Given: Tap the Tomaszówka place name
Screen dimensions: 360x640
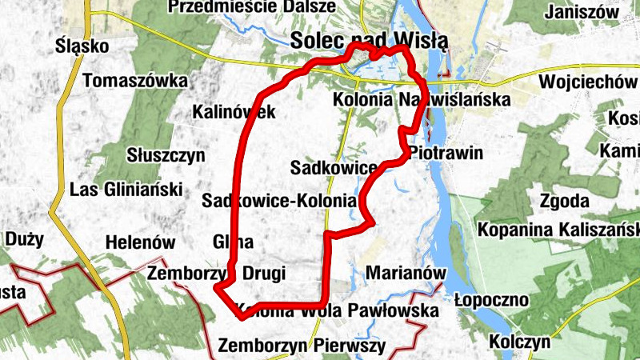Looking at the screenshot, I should point(134,81).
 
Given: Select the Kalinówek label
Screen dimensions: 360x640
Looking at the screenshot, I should point(234,112).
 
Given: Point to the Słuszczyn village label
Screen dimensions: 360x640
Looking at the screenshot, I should point(166,154).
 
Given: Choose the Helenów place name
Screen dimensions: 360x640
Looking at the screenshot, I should point(140,241).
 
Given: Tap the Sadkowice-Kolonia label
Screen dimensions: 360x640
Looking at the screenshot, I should point(278,201).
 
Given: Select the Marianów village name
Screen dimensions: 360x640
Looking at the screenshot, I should point(405,273).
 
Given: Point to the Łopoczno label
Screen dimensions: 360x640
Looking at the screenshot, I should point(491,300).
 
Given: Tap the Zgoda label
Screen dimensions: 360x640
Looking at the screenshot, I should point(564,201).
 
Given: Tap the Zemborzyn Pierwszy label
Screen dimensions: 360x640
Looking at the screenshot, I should point(302,346).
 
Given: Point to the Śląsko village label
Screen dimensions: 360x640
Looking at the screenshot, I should point(82,46).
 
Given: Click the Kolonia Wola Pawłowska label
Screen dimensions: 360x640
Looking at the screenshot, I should point(338,310).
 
